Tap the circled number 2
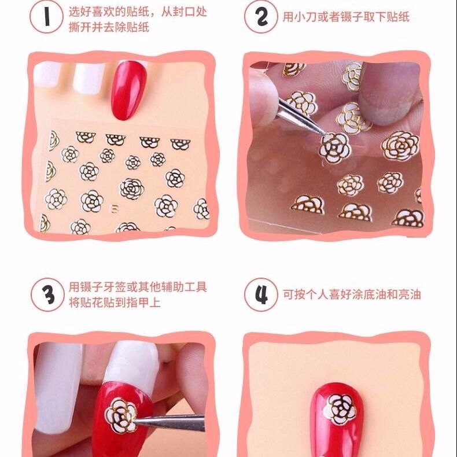click(x=261, y=17)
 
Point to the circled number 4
click(x=261, y=294)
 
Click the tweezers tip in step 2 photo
click(x=320, y=134)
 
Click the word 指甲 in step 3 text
click(x=137, y=301)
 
